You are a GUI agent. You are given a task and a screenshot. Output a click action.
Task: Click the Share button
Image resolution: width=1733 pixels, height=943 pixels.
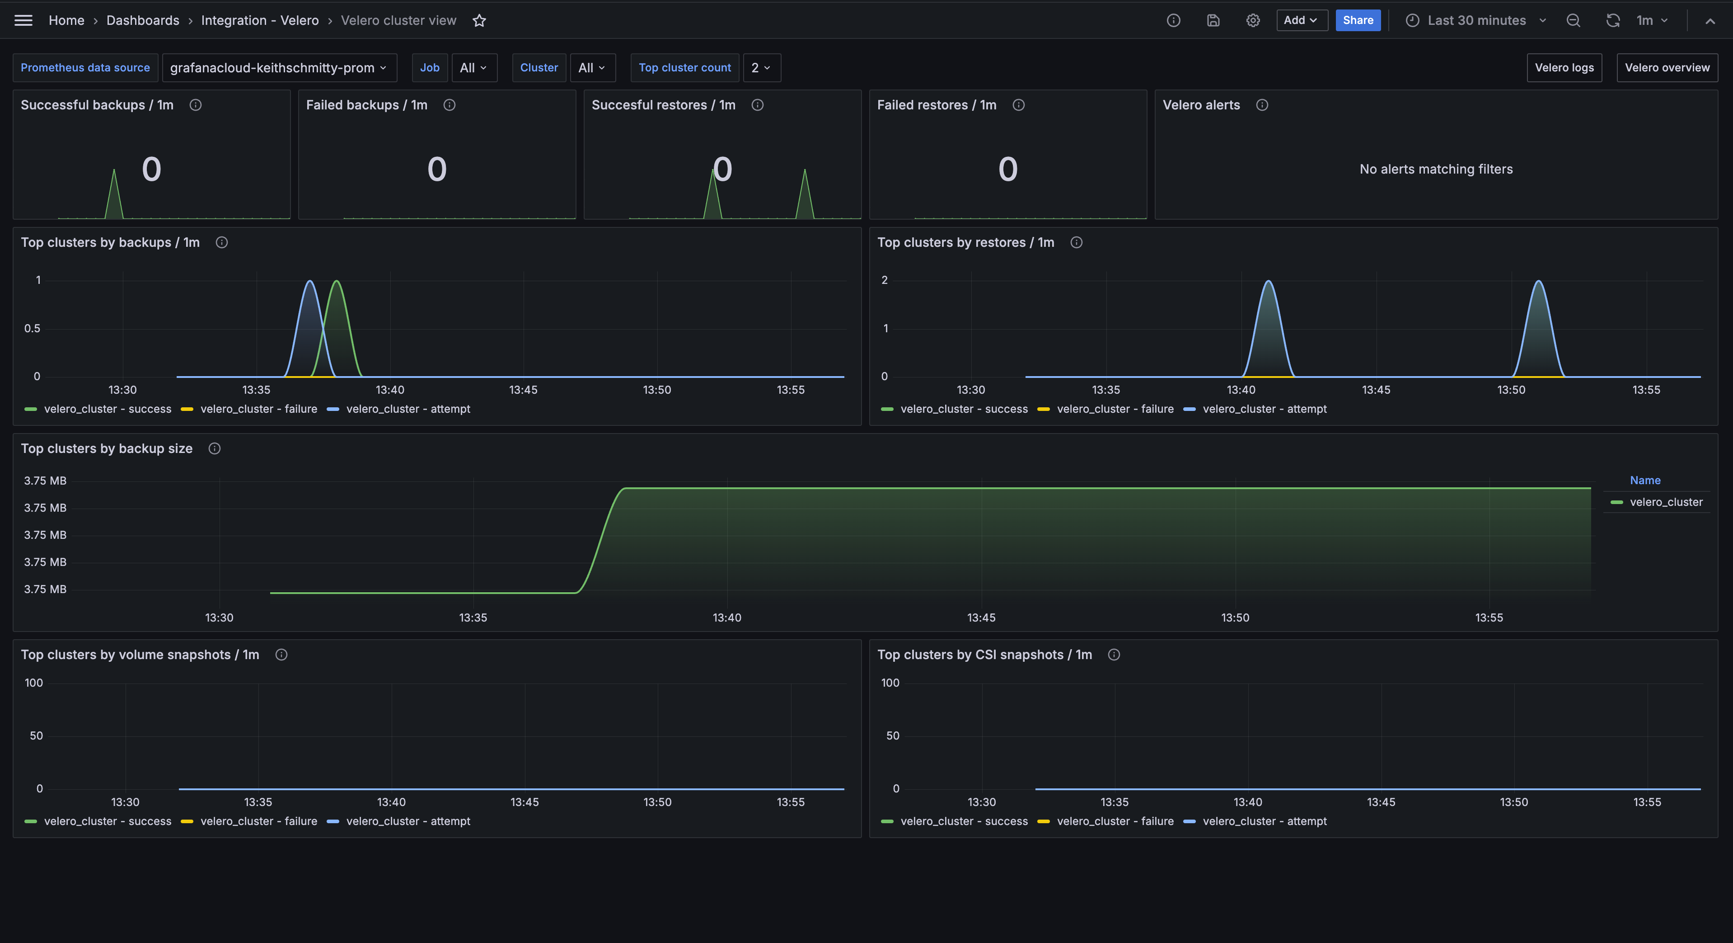coord(1358,20)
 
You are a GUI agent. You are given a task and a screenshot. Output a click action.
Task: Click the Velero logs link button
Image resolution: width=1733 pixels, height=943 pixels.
coord(1564,67)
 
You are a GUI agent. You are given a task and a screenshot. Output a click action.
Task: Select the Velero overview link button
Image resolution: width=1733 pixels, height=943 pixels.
coord(1667,67)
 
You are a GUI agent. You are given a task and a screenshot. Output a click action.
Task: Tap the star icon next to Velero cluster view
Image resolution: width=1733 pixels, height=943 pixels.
coord(479,21)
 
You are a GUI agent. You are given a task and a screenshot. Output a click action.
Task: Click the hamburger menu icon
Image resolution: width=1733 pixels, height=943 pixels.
coord(23,20)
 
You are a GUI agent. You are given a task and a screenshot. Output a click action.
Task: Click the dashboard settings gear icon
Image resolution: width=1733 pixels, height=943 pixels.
coord(1253,20)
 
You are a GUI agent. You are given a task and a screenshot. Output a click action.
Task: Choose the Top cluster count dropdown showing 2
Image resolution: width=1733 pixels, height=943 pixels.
coord(761,67)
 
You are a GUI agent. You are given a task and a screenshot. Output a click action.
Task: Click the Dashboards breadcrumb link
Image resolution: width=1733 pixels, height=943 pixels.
coord(143,20)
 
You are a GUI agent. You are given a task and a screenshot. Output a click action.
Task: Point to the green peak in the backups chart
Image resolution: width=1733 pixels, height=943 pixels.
coord(337,282)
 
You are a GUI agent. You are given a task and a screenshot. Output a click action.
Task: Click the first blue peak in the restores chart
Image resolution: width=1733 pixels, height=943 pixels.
coord(1268,282)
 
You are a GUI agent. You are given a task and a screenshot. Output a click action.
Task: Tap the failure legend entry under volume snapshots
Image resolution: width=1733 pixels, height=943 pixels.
coord(258,821)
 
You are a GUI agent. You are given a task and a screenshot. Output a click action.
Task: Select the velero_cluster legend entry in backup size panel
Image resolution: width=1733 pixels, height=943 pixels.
coord(1665,502)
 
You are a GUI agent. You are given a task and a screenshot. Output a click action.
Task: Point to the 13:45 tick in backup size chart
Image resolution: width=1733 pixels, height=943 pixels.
coord(981,617)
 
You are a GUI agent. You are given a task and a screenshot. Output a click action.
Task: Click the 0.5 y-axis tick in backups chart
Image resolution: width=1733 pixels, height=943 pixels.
coord(32,329)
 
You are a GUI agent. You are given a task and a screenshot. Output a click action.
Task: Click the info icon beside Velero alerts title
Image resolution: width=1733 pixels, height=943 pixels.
coord(1262,105)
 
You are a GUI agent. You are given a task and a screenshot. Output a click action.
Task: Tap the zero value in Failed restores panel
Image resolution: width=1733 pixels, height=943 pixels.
coord(1007,169)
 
